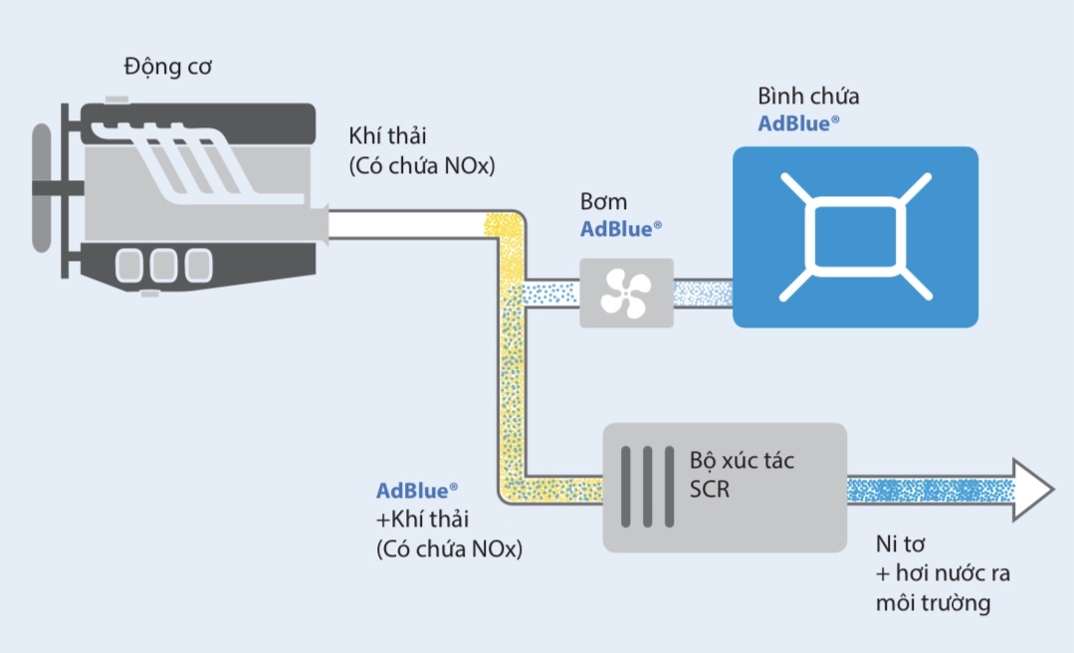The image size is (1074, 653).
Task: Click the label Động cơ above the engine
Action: (168, 68)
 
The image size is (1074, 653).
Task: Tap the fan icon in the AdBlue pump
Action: (626, 293)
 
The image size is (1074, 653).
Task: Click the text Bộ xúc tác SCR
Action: (742, 476)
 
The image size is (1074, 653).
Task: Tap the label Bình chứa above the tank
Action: (808, 97)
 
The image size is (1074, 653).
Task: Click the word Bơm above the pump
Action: (604, 202)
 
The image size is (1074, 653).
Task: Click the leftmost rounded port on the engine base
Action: (130, 265)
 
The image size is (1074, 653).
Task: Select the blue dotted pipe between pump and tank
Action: (703, 293)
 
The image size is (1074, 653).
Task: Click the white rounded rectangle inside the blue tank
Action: (855, 237)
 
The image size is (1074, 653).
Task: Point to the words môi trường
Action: (933, 603)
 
